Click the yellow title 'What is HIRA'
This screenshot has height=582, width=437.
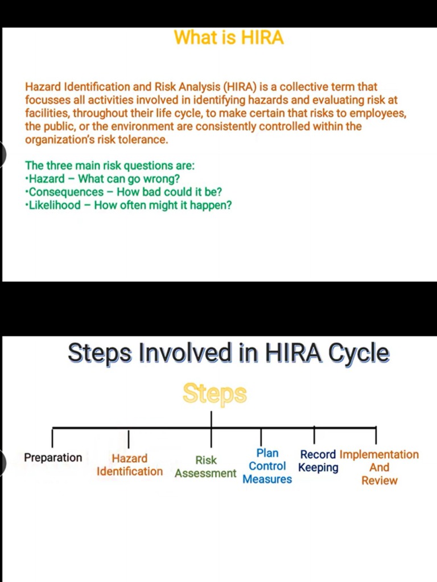[x=229, y=38]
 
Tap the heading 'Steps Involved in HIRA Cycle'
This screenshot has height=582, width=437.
[x=229, y=353]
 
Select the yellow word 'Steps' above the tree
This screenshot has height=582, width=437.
[x=215, y=393]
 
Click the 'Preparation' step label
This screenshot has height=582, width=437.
[x=53, y=458]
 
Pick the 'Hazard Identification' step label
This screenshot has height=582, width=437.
[x=129, y=465]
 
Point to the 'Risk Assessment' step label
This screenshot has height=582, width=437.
[x=205, y=467]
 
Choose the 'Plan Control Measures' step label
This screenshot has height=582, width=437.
[x=267, y=466]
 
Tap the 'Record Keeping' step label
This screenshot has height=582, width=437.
[x=318, y=461]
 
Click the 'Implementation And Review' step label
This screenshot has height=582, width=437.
[x=379, y=467]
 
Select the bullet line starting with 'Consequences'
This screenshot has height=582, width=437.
[x=123, y=192]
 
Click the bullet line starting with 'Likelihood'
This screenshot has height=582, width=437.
[x=129, y=205]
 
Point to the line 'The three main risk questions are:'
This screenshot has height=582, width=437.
[x=110, y=166]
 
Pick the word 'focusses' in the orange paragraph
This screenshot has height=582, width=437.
[x=45, y=101]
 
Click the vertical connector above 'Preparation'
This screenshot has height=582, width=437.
[x=52, y=437]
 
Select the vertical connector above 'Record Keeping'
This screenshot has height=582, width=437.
[x=314, y=435]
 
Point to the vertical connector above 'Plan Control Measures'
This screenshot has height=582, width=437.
[x=261, y=436]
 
